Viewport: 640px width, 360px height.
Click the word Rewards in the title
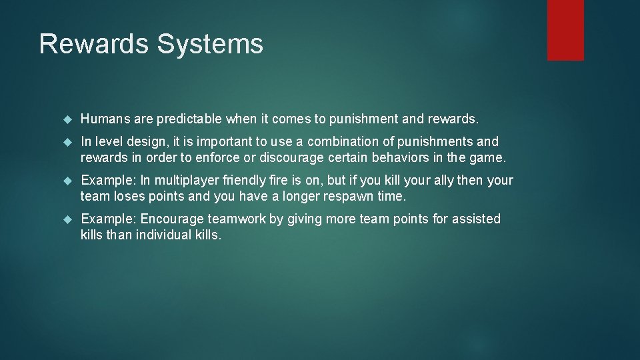(93, 44)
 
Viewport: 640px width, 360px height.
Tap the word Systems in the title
(210, 44)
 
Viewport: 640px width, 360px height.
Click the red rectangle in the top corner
(565, 30)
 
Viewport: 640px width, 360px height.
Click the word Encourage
(172, 219)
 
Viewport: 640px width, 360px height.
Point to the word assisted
(475, 219)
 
